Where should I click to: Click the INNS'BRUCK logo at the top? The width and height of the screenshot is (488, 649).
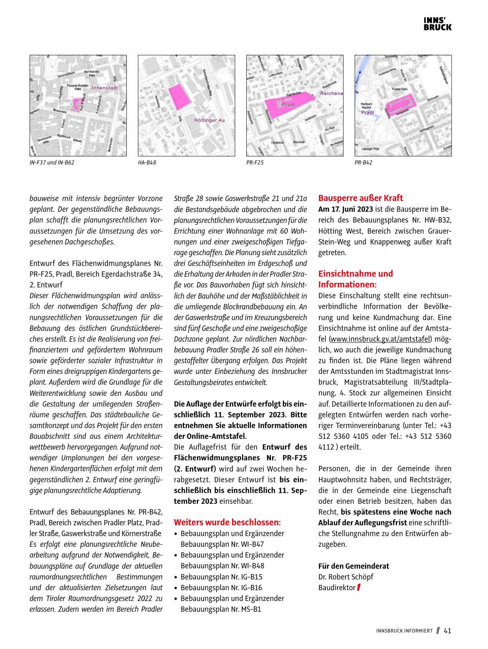pos(437,24)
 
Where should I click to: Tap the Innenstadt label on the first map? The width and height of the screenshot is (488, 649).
pos(105,88)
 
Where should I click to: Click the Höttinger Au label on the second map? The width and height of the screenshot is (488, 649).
pos(209,120)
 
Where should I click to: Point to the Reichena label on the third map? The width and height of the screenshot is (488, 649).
pos(331,93)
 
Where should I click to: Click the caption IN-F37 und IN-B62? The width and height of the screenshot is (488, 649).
pos(52,163)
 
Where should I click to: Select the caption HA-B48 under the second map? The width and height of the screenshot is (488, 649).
pos(147,163)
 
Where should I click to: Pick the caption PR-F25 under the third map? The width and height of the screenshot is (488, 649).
pos(255,163)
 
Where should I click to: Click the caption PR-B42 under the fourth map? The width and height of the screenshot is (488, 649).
pos(364,163)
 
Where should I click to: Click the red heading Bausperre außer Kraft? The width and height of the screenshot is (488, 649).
pos(360,198)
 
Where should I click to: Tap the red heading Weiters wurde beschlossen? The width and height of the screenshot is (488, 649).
pos(227,523)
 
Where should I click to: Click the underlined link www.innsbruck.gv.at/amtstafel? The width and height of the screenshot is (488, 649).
pos(380,339)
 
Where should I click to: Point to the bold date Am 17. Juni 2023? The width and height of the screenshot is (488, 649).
pos(345,209)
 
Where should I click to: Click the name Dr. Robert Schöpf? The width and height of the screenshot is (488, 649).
pos(345,577)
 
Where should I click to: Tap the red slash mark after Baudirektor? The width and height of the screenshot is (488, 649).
pos(359,588)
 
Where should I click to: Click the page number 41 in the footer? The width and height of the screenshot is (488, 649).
pos(447,631)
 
